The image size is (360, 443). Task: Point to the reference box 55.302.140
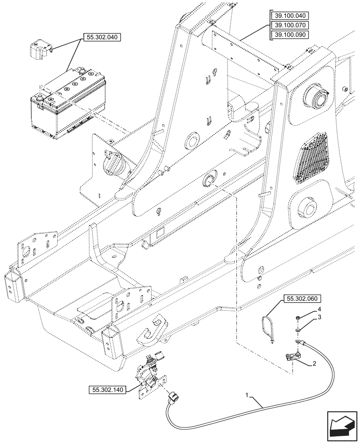click(108, 390)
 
